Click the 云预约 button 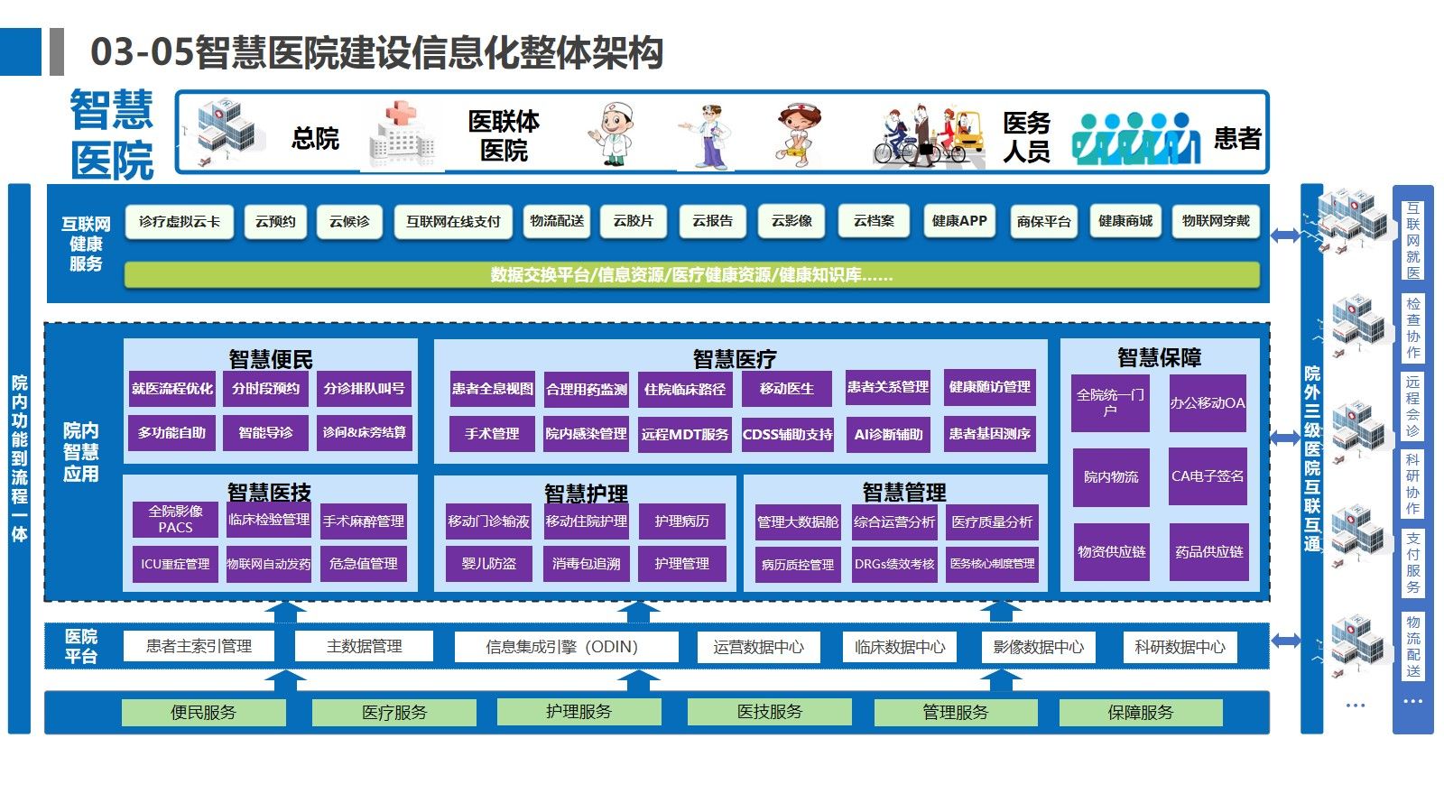(275, 221)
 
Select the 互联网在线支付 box (453, 221)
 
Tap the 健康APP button (959, 221)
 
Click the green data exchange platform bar (691, 274)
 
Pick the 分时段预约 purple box (265, 389)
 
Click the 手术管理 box (492, 434)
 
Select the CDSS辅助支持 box (787, 434)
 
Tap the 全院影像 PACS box (176, 519)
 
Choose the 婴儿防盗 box (489, 564)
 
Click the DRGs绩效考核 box (894, 564)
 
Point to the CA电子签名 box (1208, 476)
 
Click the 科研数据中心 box (1180, 647)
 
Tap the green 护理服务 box (579, 712)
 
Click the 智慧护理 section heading (586, 494)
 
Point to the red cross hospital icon (403, 135)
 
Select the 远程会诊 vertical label (1412, 406)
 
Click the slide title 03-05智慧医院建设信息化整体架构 (377, 52)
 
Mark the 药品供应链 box (1208, 551)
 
